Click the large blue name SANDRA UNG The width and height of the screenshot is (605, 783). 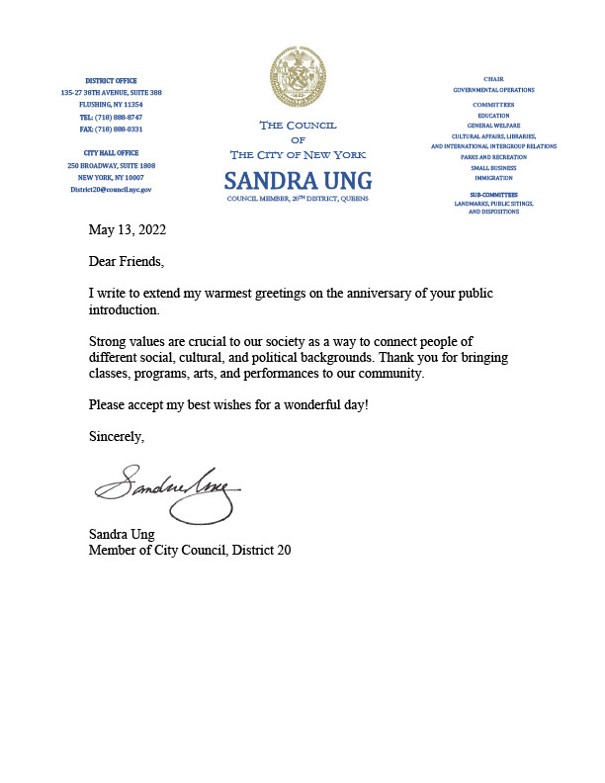[298, 181]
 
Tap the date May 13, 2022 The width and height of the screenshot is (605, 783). [127, 230]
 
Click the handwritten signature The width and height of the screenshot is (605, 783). [168, 490]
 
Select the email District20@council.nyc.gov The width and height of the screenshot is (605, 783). [111, 188]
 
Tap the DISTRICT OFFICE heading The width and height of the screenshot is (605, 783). [111, 80]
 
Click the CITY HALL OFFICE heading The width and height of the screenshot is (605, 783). [111, 153]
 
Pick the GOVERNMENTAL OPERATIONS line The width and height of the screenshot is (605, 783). [493, 89]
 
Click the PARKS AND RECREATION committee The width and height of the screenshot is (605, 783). [493, 157]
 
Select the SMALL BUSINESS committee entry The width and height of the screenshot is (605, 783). [493, 168]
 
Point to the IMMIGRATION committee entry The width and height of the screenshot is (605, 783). [493, 178]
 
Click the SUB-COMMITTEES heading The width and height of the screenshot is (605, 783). [493, 195]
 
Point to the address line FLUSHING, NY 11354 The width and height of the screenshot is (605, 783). [111, 104]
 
